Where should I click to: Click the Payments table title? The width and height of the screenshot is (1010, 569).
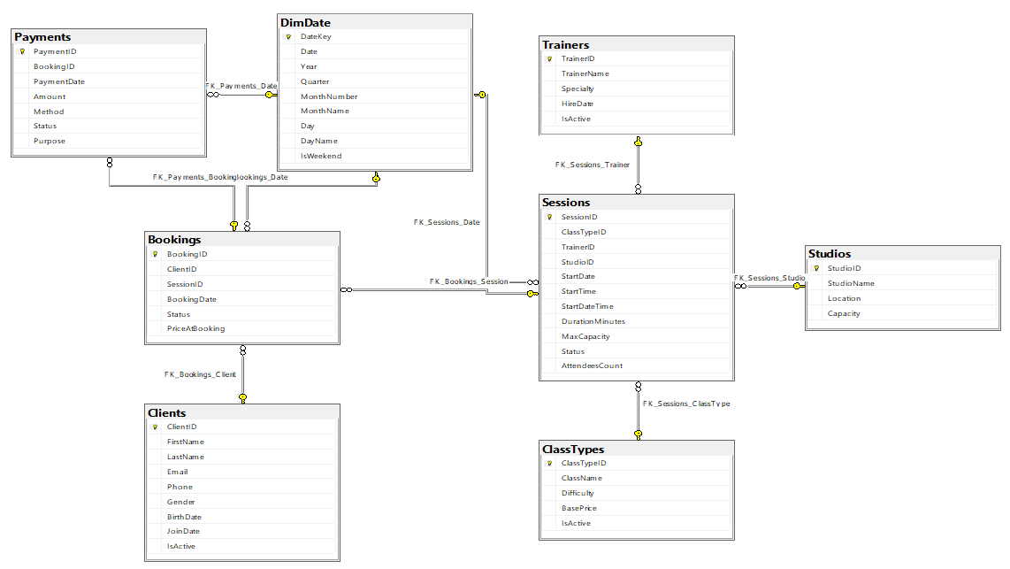coord(42,37)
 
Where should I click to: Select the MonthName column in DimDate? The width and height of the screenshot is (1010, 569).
coord(325,111)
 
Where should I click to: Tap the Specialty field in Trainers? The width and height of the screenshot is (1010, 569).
coord(578,88)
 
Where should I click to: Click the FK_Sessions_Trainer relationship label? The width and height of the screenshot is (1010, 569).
coord(592,165)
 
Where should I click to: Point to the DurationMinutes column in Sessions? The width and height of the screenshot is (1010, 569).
coord(593,321)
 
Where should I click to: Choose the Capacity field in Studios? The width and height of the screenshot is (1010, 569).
coord(844,314)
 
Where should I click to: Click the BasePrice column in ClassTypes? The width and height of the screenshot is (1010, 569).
coord(578,509)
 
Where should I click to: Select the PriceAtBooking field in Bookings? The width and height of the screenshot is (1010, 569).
coord(195,328)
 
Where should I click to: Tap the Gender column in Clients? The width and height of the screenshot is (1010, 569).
coord(180,502)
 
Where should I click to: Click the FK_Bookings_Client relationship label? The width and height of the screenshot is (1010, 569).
coord(200,374)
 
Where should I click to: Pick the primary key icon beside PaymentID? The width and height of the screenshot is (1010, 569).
coord(22,51)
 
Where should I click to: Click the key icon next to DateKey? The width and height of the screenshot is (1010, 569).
coord(288,37)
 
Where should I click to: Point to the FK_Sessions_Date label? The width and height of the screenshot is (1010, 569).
coord(447,222)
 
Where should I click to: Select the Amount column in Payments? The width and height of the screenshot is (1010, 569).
coord(49,96)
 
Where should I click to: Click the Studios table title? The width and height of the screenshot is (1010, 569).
coord(829,254)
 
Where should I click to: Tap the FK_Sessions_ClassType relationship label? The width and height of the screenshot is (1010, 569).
coord(686,404)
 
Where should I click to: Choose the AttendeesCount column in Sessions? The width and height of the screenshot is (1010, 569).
coord(592,366)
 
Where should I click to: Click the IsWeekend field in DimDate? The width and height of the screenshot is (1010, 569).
coord(321,156)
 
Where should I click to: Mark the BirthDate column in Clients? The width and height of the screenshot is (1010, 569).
coord(184,518)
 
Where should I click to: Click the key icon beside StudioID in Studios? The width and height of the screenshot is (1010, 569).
coord(816,269)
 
